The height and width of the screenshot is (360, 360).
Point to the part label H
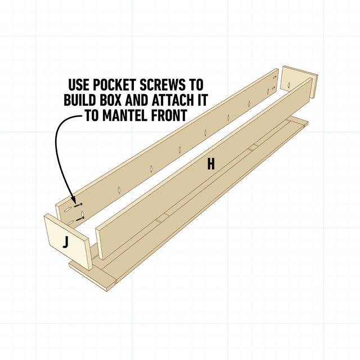(210, 164)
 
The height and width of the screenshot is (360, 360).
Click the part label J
(66, 243)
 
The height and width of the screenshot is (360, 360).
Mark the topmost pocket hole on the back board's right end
(275, 77)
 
